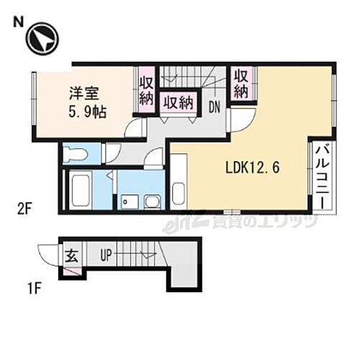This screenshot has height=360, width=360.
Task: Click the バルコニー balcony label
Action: (x=323, y=176)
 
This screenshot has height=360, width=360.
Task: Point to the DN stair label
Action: (x=215, y=107)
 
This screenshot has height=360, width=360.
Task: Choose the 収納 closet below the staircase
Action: (x=180, y=102)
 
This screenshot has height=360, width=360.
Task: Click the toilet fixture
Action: (x=76, y=154)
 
